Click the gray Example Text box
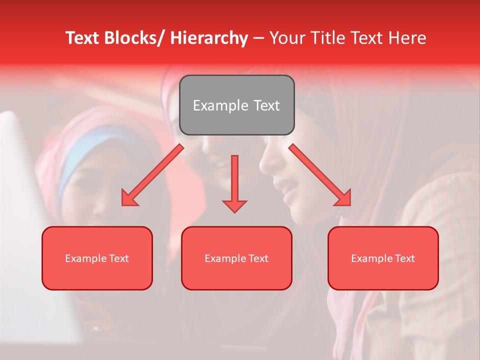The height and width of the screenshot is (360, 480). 236,105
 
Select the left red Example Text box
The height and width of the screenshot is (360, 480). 97,258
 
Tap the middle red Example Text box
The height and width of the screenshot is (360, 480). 236,258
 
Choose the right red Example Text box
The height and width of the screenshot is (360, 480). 383,258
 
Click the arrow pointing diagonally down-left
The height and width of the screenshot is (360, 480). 152,175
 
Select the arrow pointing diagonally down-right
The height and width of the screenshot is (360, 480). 320,175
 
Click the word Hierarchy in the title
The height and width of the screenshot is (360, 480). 209,38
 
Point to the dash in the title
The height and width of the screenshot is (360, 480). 258,38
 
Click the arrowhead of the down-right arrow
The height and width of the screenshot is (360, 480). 343,198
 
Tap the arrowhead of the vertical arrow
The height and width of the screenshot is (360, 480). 234,205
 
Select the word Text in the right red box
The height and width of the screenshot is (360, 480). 404,258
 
